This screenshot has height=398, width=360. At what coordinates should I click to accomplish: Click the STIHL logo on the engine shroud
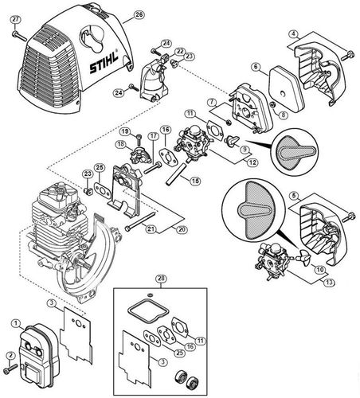[104, 62]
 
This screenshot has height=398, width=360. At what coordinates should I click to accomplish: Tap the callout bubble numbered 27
[16, 20]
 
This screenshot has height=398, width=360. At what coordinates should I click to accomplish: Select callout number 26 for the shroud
[139, 14]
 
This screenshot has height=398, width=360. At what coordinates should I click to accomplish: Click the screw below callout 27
[19, 37]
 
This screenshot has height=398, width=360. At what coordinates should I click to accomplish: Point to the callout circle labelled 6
[256, 67]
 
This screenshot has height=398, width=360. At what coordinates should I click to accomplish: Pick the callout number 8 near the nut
[284, 115]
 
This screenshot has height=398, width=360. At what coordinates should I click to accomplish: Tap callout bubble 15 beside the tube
[196, 181]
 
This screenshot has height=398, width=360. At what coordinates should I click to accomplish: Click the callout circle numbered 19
[125, 131]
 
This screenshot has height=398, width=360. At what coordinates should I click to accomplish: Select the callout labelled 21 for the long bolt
[151, 228]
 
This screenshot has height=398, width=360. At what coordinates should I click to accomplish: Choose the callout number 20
[182, 228]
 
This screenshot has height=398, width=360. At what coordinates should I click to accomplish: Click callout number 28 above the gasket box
[162, 279]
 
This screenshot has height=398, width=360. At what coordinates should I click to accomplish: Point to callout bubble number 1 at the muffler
[16, 323]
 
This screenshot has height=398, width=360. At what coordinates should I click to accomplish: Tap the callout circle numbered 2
[10, 355]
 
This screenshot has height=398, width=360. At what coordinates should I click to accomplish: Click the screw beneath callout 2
[10, 368]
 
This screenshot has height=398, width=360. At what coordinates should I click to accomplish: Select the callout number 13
[329, 283]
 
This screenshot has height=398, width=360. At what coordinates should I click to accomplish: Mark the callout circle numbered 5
[293, 196]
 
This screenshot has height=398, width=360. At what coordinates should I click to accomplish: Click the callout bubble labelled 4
[293, 34]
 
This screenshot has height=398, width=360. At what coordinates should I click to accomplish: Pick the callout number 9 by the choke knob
[244, 149]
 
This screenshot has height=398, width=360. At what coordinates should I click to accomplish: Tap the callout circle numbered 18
[120, 144]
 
